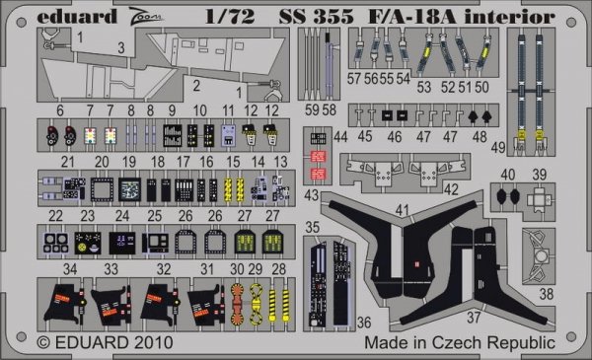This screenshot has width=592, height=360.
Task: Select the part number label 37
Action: [x=474, y=318]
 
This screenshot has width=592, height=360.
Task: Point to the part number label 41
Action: [x=403, y=210]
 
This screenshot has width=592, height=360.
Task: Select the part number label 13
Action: [x=280, y=162]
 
